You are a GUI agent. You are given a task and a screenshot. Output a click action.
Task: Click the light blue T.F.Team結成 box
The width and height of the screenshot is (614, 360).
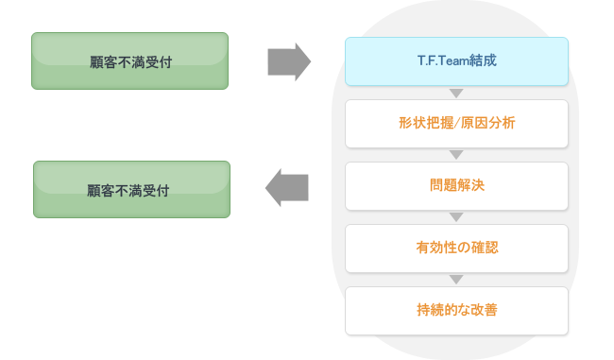456,61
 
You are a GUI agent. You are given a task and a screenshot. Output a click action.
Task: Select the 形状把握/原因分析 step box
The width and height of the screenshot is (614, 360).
456,124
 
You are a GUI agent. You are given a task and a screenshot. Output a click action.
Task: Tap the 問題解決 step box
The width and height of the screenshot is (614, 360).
456,186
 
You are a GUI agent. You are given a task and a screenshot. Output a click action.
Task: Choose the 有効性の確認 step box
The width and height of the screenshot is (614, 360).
456,249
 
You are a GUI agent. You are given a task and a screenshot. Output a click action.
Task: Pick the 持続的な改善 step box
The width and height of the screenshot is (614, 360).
456,310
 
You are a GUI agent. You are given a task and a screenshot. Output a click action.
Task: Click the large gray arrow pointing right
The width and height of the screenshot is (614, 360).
289,61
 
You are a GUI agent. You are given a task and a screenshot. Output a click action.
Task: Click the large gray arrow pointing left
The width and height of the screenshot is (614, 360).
287,187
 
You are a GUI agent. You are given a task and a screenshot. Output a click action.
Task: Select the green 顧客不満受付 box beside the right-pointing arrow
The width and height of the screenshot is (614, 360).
129,61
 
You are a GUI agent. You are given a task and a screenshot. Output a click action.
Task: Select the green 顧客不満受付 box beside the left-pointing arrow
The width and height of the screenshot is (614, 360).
131,189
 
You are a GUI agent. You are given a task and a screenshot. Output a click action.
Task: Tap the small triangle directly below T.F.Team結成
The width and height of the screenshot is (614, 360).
457,93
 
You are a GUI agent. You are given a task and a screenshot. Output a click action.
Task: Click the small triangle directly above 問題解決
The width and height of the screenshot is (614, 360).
457,155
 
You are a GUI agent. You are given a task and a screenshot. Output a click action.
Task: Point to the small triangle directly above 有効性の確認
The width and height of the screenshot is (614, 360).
457,217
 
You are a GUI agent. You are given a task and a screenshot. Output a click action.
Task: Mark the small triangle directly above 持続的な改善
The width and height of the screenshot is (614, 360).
457,280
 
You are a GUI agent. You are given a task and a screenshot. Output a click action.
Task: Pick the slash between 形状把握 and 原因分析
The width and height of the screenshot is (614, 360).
456,124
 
